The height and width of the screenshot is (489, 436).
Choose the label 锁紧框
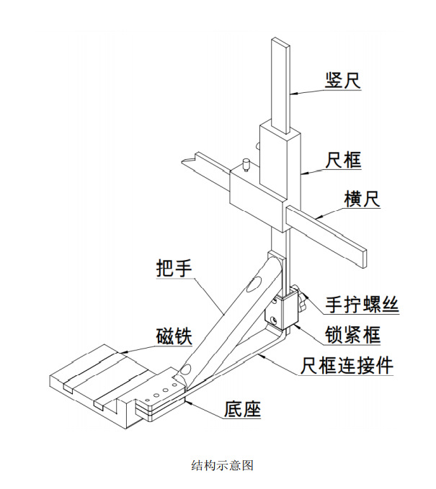(353, 334)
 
